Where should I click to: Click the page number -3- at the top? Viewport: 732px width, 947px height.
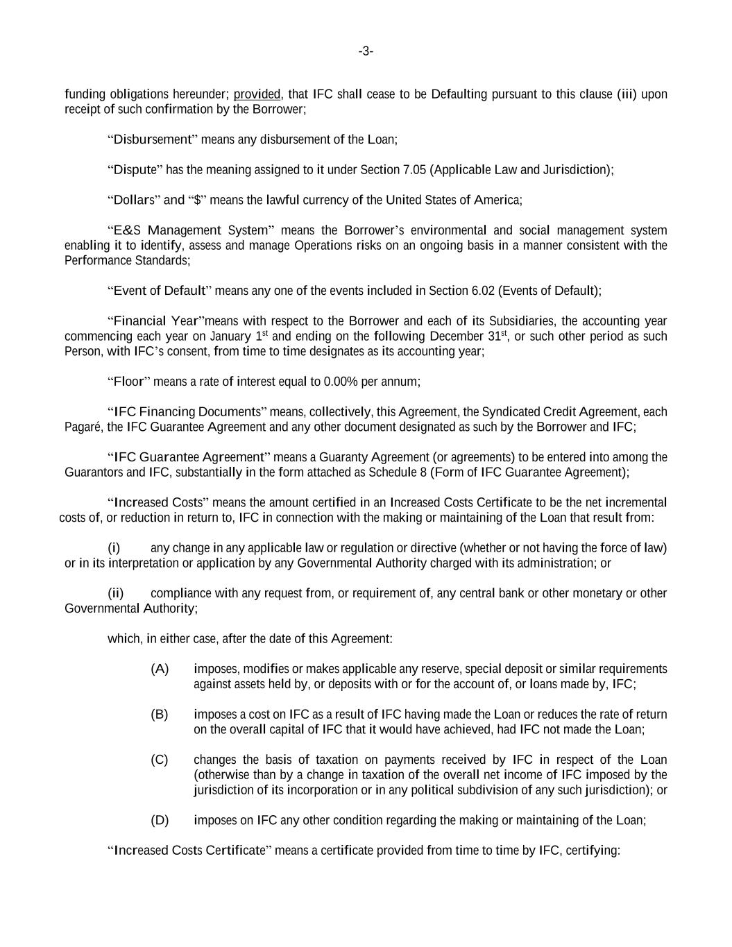coord(366,51)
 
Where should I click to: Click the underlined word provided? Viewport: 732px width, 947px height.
coord(257,94)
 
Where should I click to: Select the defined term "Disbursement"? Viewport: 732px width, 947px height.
coord(152,139)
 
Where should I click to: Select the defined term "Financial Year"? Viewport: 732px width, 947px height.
coord(156,321)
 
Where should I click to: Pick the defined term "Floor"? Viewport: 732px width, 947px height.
coord(128,382)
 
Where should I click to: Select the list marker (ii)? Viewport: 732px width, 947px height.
coord(115,593)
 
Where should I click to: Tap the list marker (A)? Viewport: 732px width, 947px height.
coord(160,669)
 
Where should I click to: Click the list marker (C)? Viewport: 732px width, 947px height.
coord(160,760)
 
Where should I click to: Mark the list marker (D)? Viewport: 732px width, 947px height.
coord(160,820)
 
